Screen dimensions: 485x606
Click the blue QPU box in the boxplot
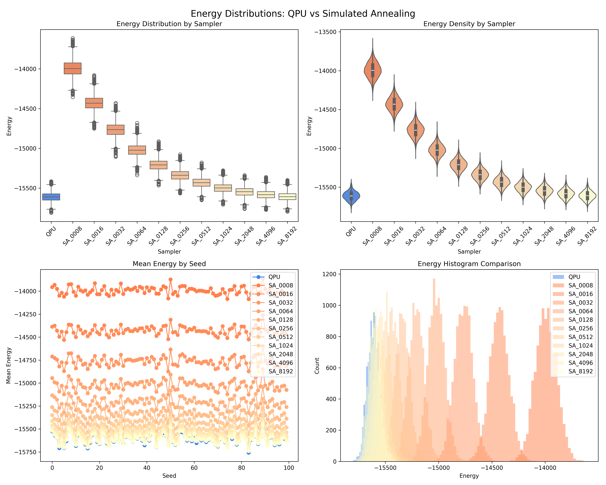51,197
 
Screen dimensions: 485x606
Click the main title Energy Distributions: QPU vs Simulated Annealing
303,13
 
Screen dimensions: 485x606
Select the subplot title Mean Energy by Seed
169,264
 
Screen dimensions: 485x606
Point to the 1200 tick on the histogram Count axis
329,274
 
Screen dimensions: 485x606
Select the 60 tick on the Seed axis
194,468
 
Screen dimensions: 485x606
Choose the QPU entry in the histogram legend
574,277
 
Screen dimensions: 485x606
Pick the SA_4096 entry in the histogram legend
580,363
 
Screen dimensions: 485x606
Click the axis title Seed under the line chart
169,476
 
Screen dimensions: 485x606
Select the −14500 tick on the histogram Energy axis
492,468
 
